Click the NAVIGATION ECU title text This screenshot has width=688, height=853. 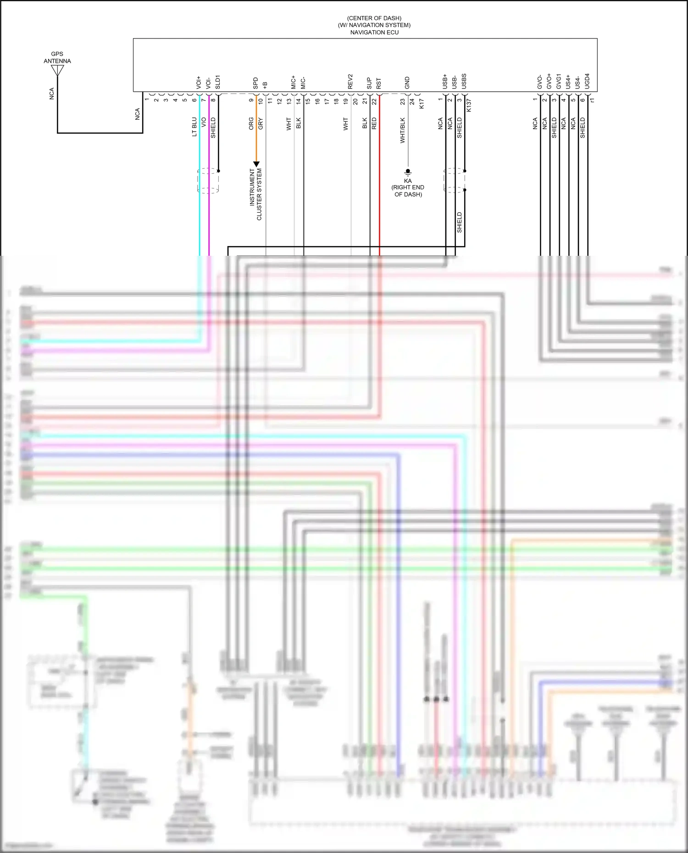point(374,33)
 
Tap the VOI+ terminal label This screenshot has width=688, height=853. point(199,83)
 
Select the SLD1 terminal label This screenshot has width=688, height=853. point(218,82)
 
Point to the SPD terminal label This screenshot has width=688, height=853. point(255,83)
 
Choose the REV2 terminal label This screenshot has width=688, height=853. point(350,82)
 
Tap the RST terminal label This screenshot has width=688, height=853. point(379,83)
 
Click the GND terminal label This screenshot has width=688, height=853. point(407,83)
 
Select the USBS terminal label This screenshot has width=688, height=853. point(464,82)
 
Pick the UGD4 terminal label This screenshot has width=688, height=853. point(587,81)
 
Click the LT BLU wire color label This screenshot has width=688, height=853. point(194,127)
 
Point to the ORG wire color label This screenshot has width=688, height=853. point(251,124)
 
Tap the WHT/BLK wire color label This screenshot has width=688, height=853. point(403,131)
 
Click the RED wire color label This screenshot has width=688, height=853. point(374,123)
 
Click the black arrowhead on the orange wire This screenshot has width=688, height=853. point(256,164)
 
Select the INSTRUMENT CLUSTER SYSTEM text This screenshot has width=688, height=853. point(255,194)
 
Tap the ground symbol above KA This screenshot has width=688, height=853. point(408,172)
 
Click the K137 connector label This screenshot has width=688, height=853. point(469,105)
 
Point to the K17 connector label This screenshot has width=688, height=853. point(422,104)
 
